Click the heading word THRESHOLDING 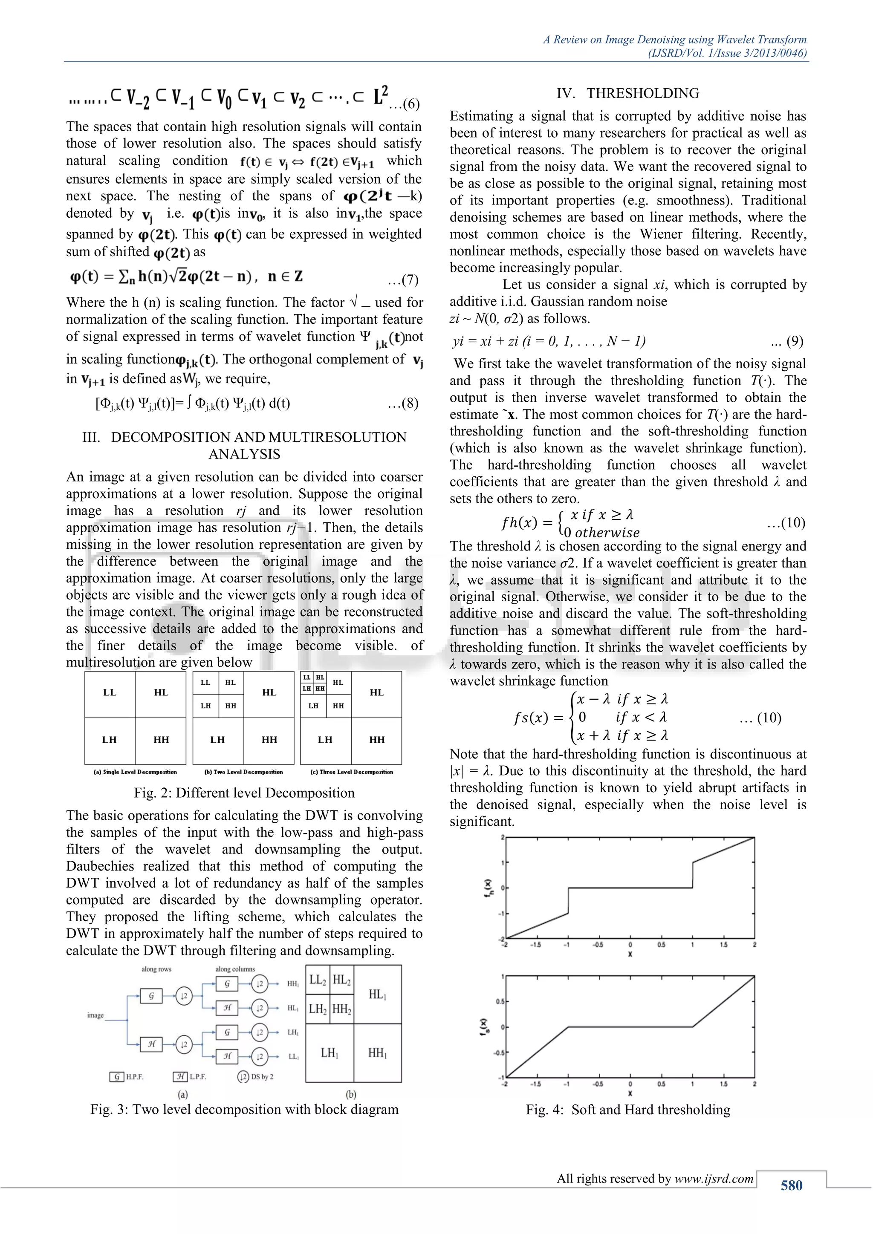(x=642, y=93)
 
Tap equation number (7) (x=403, y=280)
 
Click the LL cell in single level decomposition (x=110, y=693)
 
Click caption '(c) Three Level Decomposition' (x=352, y=772)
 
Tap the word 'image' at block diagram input (x=95, y=1015)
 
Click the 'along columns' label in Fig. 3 (x=235, y=969)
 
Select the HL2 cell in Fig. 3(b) (x=341, y=980)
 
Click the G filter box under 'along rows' (x=151, y=996)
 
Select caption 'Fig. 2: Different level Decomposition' (x=244, y=793)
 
